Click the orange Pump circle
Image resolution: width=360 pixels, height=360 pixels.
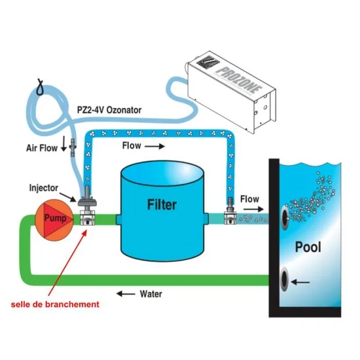coord(54,220)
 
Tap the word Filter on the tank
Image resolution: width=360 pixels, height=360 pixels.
coord(162,205)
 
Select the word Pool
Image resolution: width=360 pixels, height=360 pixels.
coord(308,247)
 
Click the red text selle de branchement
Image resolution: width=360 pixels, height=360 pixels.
coord(55,304)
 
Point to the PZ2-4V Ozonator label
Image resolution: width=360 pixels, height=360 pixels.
coord(109,110)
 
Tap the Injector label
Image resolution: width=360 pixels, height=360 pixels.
coord(44,188)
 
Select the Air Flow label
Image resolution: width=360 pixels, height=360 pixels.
coord(42,148)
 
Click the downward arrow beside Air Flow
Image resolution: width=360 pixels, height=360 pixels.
coord(64,144)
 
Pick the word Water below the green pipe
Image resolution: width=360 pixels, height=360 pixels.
coord(151,294)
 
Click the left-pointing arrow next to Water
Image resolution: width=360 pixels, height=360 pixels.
coord(126,294)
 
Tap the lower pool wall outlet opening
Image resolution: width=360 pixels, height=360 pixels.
coord(285,279)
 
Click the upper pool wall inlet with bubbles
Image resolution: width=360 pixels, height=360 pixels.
coord(285,217)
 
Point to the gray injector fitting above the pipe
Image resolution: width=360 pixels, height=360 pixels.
coord(88,197)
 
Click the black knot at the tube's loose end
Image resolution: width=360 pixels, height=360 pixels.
coord(40,86)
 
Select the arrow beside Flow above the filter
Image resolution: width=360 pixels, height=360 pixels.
coord(154,146)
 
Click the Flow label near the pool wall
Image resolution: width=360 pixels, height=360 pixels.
coord(249,199)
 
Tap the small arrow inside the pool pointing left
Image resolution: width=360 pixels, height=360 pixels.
coord(300,282)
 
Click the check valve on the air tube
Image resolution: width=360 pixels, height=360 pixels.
coord(73,147)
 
